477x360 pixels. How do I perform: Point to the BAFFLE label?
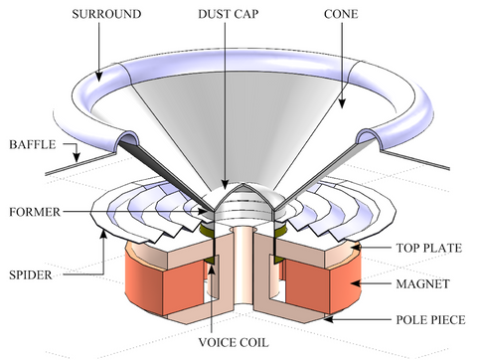point(30,144)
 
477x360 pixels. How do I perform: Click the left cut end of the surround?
point(126,139)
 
